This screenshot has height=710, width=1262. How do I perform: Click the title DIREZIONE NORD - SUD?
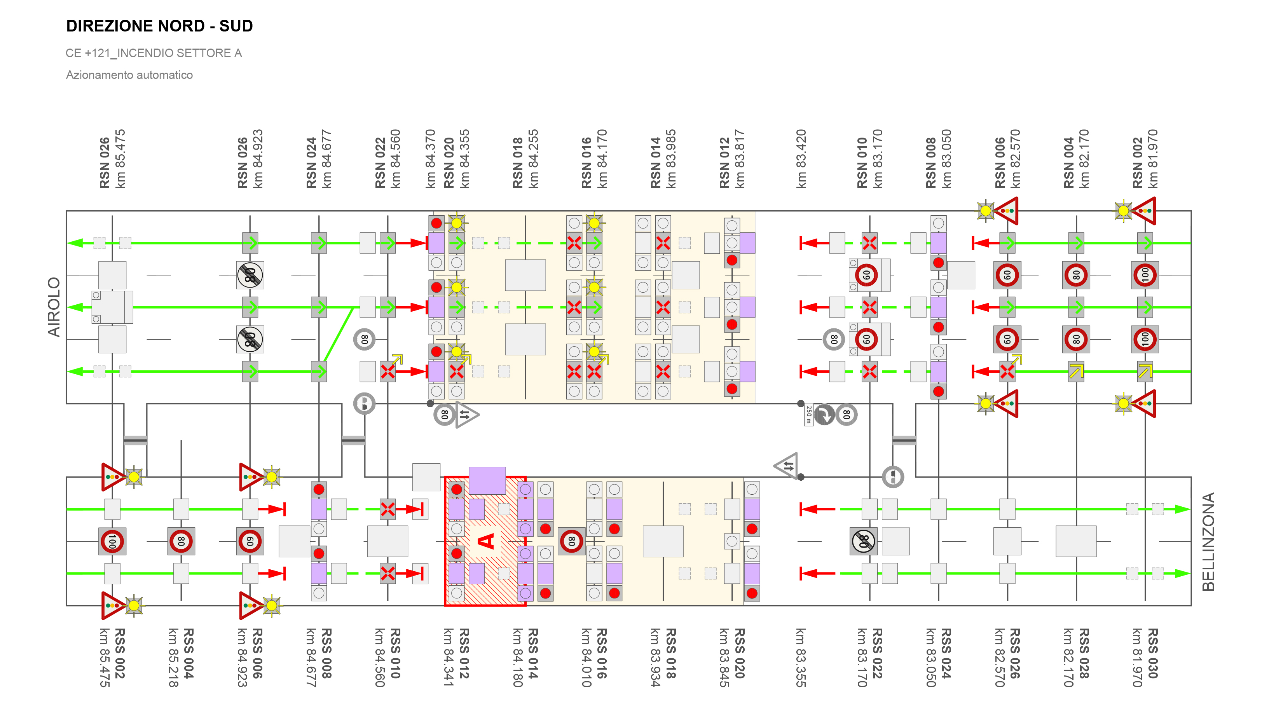[x=159, y=26]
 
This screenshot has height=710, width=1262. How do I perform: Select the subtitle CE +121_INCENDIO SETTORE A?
[x=154, y=53]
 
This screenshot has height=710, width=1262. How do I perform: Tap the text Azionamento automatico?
[x=129, y=75]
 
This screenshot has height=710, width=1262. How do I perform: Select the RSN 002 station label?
[x=1138, y=163]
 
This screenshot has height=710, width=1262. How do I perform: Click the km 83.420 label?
[x=801, y=159]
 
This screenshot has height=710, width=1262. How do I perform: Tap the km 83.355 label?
[x=801, y=657]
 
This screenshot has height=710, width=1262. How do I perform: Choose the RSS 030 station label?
[x=1153, y=653]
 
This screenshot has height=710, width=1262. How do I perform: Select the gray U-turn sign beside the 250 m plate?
[x=824, y=415]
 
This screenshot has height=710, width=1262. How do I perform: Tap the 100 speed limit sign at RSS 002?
[x=112, y=541]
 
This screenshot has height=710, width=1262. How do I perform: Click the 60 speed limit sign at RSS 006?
[x=250, y=541]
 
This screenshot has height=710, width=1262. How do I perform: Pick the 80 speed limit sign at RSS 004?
[x=181, y=541]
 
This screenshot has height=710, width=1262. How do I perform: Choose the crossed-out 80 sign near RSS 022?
[x=863, y=541]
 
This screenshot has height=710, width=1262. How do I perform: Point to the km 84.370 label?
[x=430, y=159]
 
